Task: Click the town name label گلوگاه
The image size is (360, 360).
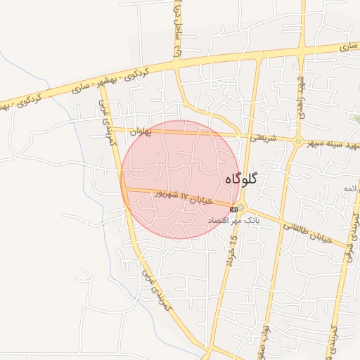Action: point(241,179)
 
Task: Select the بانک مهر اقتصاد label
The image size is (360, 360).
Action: point(233,220)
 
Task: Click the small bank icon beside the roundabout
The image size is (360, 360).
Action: point(233,209)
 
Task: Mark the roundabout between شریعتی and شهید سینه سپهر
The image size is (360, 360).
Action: point(298,141)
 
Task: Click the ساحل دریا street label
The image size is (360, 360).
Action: point(178,32)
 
